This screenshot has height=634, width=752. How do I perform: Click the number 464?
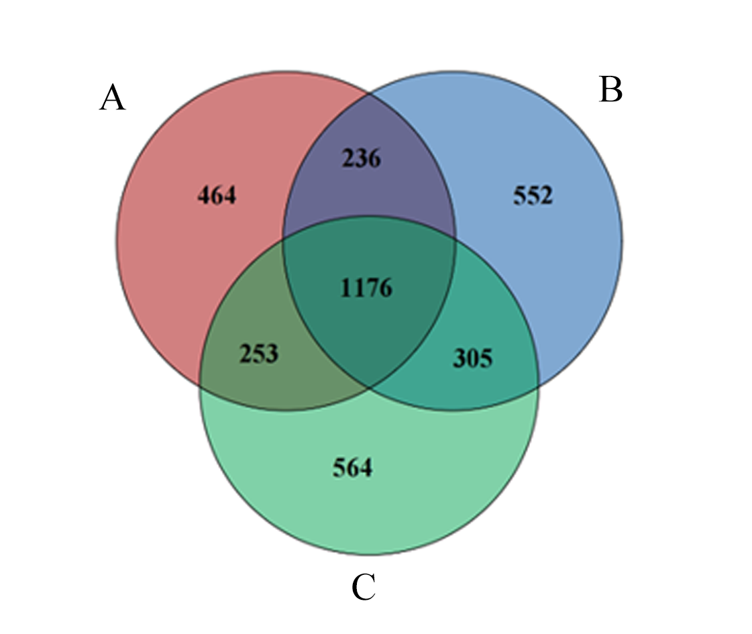click(x=217, y=196)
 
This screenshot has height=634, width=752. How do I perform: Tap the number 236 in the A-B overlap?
click(x=362, y=158)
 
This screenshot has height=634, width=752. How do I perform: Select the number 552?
click(x=533, y=196)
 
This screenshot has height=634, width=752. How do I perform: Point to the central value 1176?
click(x=366, y=288)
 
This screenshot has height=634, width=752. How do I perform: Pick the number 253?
click(x=259, y=354)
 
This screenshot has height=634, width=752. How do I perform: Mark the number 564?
click(x=352, y=468)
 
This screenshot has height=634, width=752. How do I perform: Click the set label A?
click(x=113, y=97)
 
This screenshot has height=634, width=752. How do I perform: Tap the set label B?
click(x=611, y=90)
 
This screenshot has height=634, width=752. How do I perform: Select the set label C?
click(x=364, y=587)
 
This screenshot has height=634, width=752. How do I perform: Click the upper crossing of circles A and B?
click(x=369, y=94)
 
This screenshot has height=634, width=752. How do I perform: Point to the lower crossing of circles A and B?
click(x=369, y=388)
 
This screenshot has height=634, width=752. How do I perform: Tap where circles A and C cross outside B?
click(x=200, y=384)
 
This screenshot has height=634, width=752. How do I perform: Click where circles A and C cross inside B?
click(x=454, y=236)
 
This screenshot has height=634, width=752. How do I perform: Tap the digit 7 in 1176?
click(x=372, y=288)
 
